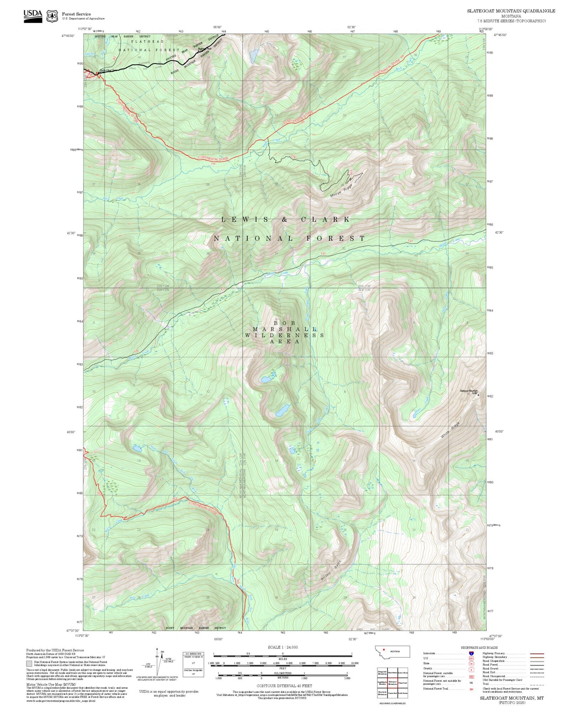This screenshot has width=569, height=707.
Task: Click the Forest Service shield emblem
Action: [x=52, y=16]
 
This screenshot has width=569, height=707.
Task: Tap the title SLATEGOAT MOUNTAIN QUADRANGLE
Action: [x=511, y=11]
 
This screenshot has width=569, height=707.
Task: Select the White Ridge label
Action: [x=450, y=430]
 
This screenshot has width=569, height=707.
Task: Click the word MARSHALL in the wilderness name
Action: [x=284, y=329]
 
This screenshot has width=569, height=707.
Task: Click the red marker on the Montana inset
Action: [x=384, y=650]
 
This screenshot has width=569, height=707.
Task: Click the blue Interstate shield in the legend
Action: [x=471, y=653]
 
